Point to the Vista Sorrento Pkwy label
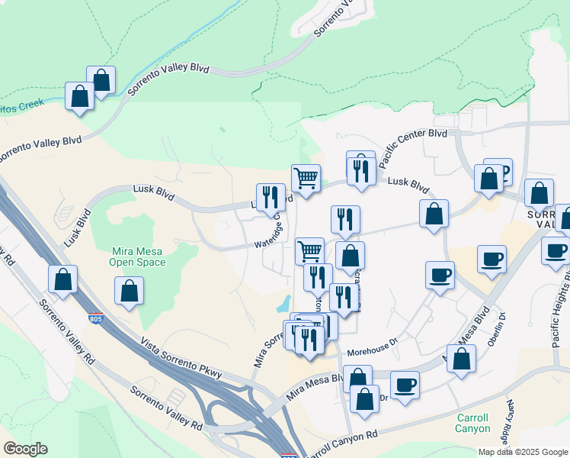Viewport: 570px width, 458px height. pos(181,358)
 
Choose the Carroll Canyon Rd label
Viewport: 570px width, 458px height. pos(342,443)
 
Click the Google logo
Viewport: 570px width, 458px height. pos(25,449)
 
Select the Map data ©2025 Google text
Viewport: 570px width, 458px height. pos(522,451)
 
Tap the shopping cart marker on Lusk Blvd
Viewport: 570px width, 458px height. pos(306,179)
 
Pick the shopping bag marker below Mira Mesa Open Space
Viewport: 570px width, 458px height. pos(130,291)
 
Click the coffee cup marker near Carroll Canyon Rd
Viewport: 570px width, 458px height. pos(405,384)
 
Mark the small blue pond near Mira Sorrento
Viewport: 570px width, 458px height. pos(283,303)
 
